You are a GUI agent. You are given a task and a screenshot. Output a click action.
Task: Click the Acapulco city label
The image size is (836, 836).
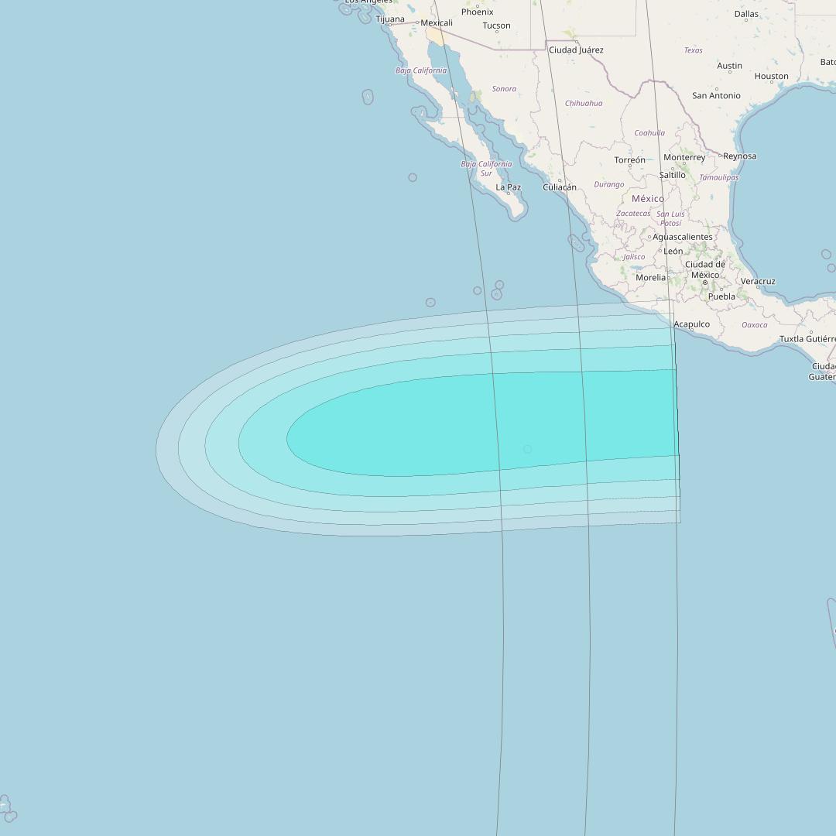[x=691, y=325]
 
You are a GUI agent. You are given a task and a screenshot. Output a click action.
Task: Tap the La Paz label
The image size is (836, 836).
[x=508, y=187]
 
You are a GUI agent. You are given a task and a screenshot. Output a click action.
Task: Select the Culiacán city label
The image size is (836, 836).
[x=560, y=187]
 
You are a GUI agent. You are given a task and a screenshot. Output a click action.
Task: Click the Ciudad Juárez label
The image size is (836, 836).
[x=576, y=50]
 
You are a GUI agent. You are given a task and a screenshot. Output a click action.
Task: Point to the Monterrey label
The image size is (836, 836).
[x=684, y=157]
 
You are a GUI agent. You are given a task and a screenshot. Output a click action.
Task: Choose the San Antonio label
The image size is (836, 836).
[x=716, y=96]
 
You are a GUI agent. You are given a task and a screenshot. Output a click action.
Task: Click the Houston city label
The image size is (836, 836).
[x=771, y=77]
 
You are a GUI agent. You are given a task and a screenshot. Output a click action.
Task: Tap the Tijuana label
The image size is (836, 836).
[x=390, y=19]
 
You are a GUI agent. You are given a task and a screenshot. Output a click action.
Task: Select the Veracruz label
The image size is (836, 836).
[x=758, y=282]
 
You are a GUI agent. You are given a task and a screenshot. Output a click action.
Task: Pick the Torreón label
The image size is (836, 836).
[x=629, y=160]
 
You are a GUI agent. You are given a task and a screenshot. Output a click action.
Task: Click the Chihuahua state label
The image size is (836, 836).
[x=584, y=103]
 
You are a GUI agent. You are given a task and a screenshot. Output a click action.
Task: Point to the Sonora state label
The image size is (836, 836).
[x=504, y=89]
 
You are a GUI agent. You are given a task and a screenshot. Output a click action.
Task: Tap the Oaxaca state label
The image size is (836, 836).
[x=755, y=325]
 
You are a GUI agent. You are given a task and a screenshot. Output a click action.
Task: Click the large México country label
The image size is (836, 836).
[x=648, y=199]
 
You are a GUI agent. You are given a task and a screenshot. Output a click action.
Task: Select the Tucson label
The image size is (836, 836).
[x=496, y=26]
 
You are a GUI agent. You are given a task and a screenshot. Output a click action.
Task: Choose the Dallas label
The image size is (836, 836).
[x=746, y=14]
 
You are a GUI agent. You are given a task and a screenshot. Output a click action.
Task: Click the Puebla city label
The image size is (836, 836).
[x=721, y=296]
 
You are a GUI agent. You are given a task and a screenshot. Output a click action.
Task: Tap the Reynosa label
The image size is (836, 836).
[x=739, y=156]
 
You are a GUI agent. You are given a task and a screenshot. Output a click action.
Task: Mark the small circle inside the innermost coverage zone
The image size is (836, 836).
[x=527, y=449]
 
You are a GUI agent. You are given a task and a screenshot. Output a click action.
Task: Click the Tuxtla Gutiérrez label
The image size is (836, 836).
[x=807, y=339]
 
